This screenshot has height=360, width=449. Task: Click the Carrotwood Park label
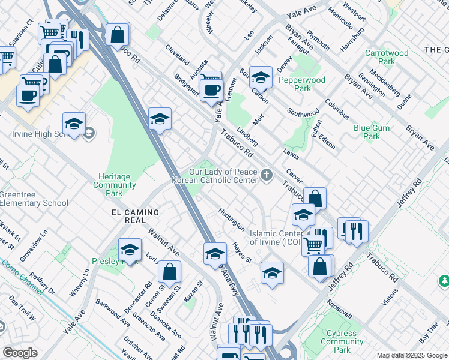(387, 57)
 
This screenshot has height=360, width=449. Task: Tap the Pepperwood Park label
(302, 84)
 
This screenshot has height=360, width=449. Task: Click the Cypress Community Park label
(342, 341)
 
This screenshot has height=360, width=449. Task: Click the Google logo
(20, 353)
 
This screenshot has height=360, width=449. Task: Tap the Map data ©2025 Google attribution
(412, 355)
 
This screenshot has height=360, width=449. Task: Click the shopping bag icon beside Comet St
(170, 272)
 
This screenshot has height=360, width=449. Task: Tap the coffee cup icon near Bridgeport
(211, 91)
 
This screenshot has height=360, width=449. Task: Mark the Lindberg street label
(247, 136)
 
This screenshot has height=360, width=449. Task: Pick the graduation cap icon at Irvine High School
(74, 124)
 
